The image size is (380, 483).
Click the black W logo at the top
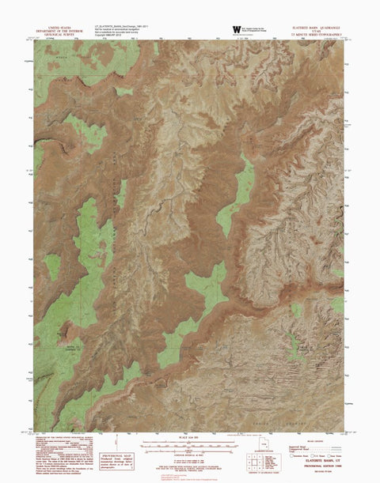click(237, 30)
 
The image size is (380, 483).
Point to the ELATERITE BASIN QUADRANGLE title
click(315, 26)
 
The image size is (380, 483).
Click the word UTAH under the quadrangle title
click(315, 30)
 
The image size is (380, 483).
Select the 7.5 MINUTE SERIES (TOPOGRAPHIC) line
click(315, 34)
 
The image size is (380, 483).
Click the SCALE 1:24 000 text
click(188, 439)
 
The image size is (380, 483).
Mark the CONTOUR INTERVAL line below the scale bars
click(188, 454)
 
